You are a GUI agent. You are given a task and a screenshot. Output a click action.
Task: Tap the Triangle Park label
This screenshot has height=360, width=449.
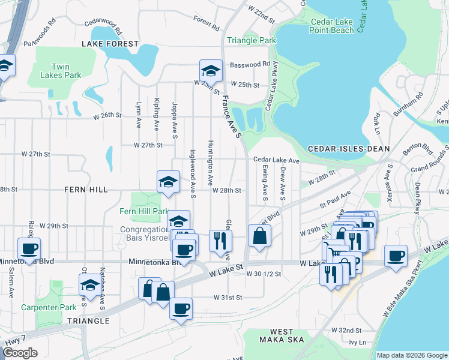251,41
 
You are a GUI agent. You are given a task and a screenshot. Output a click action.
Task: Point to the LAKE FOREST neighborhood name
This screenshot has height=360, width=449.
110,44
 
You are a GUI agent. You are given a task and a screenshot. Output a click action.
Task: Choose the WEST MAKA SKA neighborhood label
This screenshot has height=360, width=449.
282,336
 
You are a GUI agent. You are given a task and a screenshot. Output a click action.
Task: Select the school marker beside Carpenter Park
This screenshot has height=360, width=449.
90,285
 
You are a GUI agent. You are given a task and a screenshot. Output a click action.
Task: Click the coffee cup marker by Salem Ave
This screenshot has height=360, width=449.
29,248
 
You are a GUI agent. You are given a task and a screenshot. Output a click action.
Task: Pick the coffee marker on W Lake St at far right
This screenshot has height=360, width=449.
396,256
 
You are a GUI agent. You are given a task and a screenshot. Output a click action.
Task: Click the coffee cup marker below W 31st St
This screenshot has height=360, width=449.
181,310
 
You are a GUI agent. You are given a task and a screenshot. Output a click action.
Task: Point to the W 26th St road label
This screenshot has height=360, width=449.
107,115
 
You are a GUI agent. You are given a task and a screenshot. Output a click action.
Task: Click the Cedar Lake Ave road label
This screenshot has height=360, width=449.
276,160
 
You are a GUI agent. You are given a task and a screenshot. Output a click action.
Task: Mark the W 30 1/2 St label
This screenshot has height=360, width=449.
264,273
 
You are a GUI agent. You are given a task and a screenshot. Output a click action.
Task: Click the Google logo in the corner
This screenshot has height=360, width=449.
20,353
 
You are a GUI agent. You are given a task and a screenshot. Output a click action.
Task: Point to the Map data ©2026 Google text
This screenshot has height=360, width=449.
411,355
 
